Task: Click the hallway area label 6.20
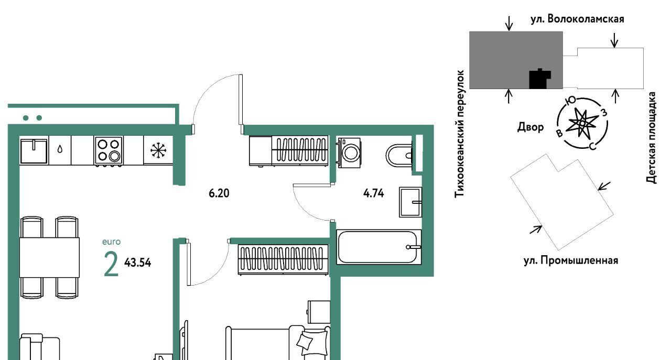tap(219, 193)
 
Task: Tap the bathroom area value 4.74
tap(374, 193)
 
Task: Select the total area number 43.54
tap(138, 263)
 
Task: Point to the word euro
tap(112, 242)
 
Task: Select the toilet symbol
tap(399, 156)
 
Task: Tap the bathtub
tap(378, 247)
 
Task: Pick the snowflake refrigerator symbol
tap(158, 150)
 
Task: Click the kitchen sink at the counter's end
tap(34, 151)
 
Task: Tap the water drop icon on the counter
tap(60, 149)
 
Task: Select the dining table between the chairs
tap(49, 258)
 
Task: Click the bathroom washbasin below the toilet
tap(410, 202)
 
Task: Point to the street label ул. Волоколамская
tap(577, 19)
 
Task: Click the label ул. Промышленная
tap(571, 260)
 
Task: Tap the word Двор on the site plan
tap(531, 127)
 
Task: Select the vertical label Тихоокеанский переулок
tap(459, 134)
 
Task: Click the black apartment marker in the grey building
tap(539, 79)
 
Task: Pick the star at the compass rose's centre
tap(582, 123)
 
